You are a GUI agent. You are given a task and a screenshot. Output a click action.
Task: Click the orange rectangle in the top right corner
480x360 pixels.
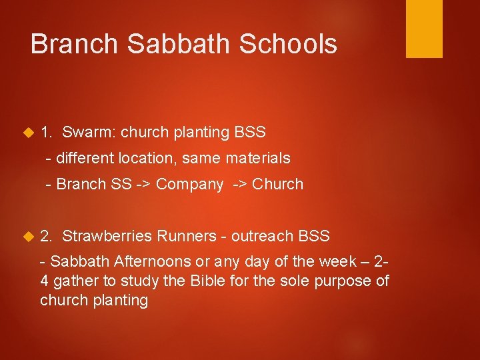tap(424, 28)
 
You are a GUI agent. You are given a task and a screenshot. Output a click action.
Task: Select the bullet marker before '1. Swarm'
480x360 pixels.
tap(27, 133)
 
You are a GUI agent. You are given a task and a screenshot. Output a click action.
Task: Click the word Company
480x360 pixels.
tap(189, 185)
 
